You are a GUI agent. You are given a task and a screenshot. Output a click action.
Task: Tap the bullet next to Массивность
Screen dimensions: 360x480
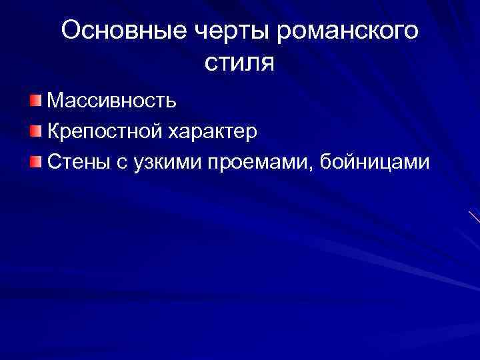(x=35, y=101)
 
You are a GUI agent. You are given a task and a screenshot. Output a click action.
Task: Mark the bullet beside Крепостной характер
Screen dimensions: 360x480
(x=35, y=131)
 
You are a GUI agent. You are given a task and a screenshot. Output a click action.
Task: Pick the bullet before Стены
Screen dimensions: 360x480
(x=35, y=161)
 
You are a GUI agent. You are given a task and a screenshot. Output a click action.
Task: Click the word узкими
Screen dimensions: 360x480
(x=164, y=161)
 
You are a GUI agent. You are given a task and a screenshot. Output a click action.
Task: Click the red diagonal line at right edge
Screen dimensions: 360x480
(x=474, y=217)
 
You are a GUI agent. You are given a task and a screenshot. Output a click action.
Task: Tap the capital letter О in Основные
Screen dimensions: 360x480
(x=71, y=31)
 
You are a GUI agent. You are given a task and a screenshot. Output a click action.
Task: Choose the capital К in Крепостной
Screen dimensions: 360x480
(x=54, y=131)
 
